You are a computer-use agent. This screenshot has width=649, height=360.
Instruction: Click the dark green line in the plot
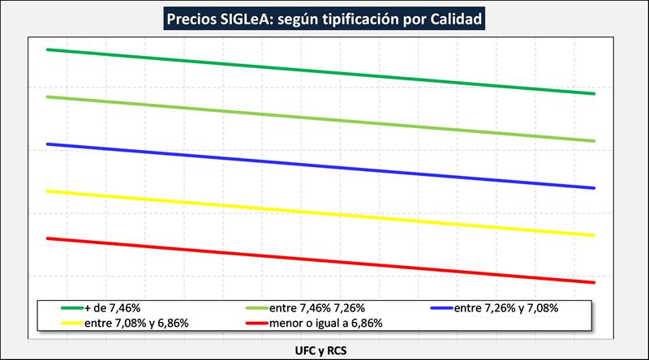[x=324, y=71]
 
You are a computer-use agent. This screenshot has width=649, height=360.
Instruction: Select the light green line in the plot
[x=324, y=118]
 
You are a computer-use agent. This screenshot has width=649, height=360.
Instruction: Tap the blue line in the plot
[x=324, y=166]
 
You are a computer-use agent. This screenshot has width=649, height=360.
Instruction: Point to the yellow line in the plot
[x=324, y=213]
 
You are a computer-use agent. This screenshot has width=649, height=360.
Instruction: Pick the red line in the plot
[x=324, y=260]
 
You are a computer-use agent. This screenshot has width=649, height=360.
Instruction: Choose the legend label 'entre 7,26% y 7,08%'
[x=506, y=308]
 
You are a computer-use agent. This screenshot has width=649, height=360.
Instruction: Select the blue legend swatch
[x=441, y=308]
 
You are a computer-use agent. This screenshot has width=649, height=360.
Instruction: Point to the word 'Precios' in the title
[x=187, y=18]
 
